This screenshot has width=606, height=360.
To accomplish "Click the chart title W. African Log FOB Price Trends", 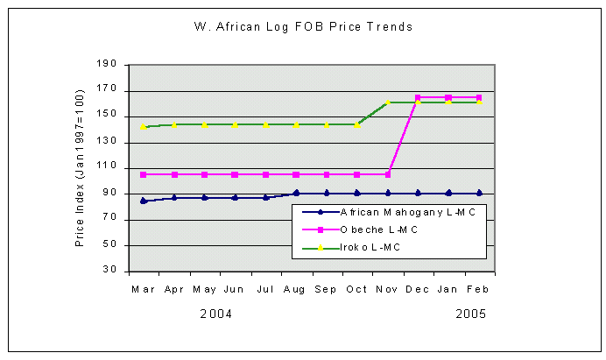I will point(302,26).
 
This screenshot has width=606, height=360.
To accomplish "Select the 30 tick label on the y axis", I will point(110,271).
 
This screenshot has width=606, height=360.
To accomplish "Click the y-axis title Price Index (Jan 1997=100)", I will point(80,167).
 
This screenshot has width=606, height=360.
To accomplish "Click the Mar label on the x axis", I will point(142,288).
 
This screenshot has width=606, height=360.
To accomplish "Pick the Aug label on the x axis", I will point(295,288).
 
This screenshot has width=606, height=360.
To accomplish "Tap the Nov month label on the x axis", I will point(387,288).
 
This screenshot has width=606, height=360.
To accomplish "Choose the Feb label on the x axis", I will point(478,288).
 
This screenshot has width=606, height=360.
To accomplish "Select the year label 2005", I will point(469,313).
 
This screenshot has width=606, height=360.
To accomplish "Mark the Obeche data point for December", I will point(418,97).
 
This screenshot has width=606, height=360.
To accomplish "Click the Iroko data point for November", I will point(387,102).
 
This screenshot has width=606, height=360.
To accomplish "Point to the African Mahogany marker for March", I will point(143,201).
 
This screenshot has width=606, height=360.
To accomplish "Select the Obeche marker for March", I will point(143,174).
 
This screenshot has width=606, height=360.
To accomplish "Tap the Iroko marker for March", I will point(143,127).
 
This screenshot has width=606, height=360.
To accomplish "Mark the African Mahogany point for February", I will point(479,193).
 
